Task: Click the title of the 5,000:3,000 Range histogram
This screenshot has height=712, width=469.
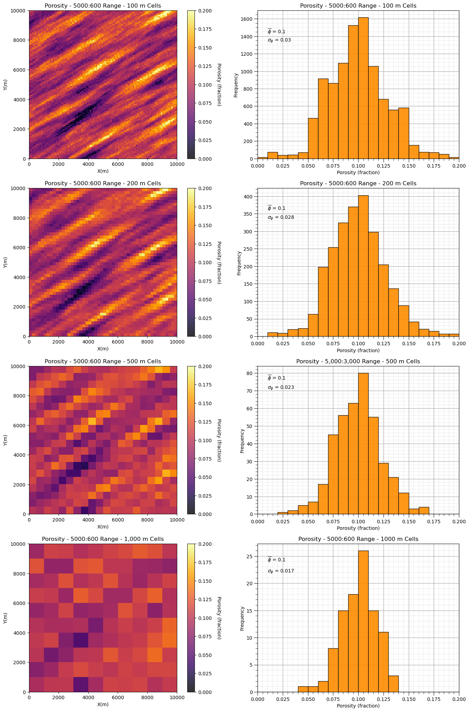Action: [358, 361]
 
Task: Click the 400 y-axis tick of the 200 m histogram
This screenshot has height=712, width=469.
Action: [251, 196]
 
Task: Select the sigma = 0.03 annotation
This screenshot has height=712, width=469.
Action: [279, 40]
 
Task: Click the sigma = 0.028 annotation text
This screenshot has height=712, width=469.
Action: [281, 217]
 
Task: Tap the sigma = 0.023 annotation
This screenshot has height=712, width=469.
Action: [281, 388]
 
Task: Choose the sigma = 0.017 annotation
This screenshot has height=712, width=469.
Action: [281, 571]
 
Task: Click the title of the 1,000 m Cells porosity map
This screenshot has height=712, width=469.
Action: [103, 539]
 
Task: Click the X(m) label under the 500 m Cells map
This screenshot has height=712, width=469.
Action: [103, 527]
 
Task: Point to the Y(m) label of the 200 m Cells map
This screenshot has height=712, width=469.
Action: [6, 262]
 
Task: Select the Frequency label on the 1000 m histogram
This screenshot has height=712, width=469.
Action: [242, 618]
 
